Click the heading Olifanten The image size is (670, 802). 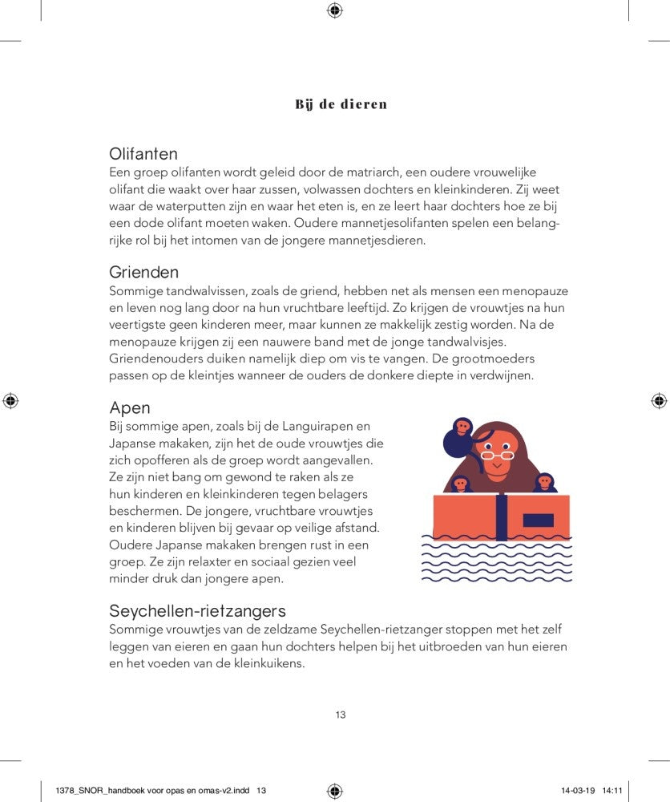click(x=143, y=154)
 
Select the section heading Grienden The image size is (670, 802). click(x=144, y=273)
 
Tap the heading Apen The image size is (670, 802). click(x=130, y=408)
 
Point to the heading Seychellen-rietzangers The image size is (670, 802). click(x=197, y=611)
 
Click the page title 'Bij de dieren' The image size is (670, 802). click(x=341, y=104)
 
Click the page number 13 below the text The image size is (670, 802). click(x=341, y=715)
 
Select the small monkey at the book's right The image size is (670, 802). click(x=545, y=484)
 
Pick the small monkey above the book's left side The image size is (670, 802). click(x=461, y=484)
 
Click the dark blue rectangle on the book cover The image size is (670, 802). click(x=538, y=520)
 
